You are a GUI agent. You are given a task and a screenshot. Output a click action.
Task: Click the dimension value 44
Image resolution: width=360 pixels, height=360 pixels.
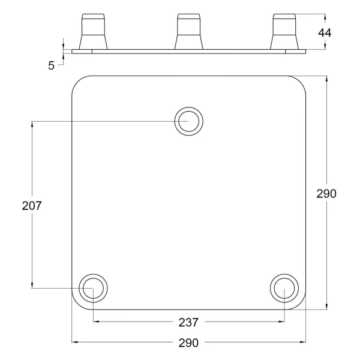pyautogui.click(x=325, y=33)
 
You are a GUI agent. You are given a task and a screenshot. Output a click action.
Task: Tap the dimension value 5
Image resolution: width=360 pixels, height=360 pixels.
pyautogui.click(x=51, y=65)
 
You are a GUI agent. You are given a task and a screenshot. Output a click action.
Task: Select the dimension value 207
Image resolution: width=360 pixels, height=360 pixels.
pyautogui.click(x=32, y=205)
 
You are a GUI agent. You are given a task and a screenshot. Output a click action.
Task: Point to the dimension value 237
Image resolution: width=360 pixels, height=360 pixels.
pyautogui.click(x=188, y=322)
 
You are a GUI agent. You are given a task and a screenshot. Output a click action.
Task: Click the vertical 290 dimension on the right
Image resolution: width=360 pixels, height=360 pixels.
pyautogui.click(x=326, y=194)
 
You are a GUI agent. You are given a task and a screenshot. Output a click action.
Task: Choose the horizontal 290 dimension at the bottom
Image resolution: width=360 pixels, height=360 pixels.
pyautogui.click(x=188, y=343)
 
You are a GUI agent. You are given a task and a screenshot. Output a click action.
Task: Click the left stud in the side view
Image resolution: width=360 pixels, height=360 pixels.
pyautogui.click(x=93, y=32)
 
